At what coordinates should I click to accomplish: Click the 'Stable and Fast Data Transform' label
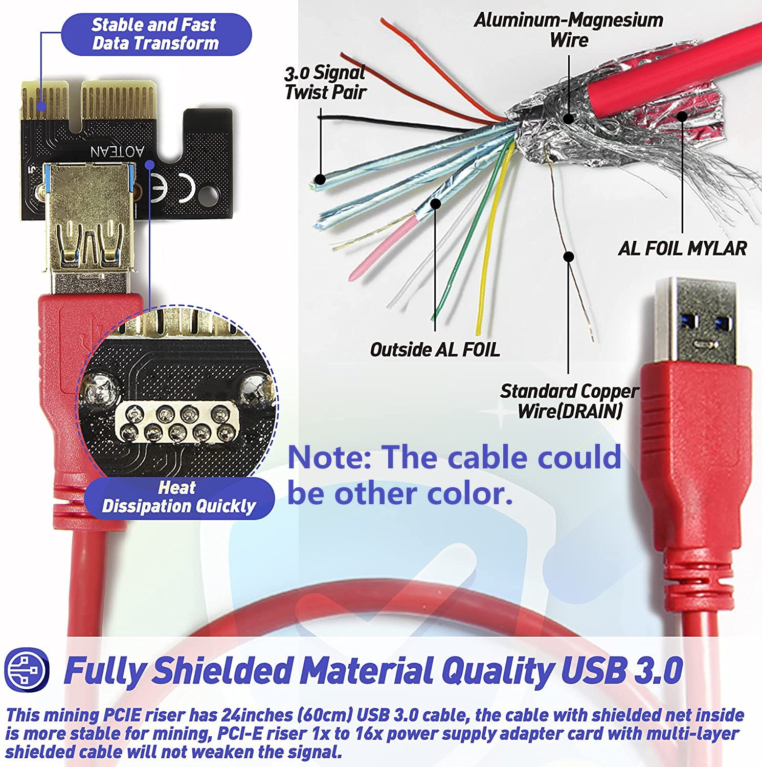(x=155, y=34)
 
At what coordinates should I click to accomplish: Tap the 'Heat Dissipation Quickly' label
(x=178, y=497)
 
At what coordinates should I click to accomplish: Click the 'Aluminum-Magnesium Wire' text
(x=569, y=30)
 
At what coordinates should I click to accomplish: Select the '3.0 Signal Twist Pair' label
(x=325, y=82)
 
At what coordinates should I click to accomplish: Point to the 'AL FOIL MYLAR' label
(x=682, y=249)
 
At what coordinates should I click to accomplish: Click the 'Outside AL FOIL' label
(x=435, y=350)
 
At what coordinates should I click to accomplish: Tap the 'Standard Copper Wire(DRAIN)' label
(x=569, y=401)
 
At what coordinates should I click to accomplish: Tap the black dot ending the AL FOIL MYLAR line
(x=682, y=116)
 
